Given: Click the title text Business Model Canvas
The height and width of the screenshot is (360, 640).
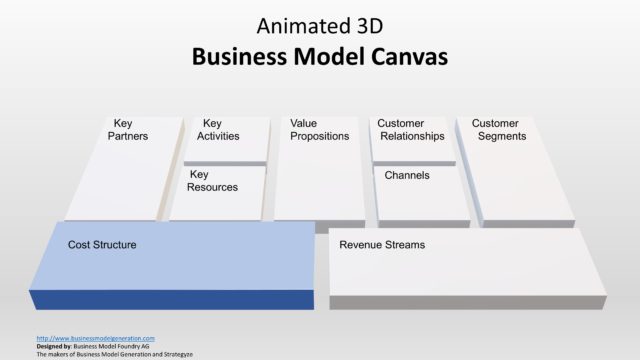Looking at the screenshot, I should tap(319, 57).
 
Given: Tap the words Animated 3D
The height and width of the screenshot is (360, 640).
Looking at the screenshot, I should tap(319, 24).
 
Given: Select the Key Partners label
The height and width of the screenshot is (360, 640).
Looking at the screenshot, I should tap(127, 130).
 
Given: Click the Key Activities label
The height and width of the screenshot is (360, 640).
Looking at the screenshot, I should tap(217, 130).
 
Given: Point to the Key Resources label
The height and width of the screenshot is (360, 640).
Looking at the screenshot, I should tap(212, 181).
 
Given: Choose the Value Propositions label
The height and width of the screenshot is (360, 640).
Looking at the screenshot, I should tap(319, 130).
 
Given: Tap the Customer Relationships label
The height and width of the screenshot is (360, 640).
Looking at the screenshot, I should tap(410, 130).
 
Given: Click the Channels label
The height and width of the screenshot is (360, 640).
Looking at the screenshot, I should tap(407, 175).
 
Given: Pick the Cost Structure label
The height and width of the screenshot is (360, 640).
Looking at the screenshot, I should tap(102, 245).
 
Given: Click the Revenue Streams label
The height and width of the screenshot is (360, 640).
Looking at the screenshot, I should tap(382, 245).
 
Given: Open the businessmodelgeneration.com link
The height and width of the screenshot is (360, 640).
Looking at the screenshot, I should tap(95, 338).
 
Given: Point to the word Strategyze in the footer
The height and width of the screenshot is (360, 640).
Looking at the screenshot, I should tap(172, 354).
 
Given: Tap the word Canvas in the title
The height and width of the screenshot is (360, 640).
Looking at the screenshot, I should tap(399, 57).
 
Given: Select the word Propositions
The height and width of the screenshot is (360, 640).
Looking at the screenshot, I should tap(319, 136).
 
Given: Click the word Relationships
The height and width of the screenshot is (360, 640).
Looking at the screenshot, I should tap(412, 136).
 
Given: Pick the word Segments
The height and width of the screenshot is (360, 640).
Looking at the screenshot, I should tap(501, 136).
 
